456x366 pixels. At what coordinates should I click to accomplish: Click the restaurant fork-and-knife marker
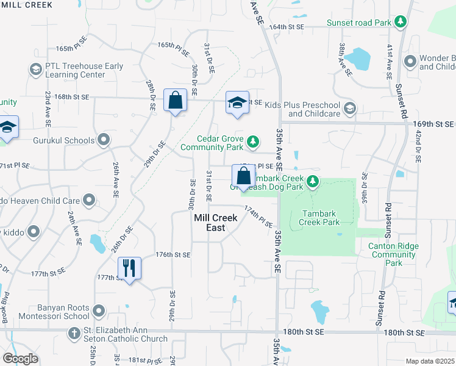[129, 268]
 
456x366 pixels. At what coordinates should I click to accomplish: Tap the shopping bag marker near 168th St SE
[176, 101]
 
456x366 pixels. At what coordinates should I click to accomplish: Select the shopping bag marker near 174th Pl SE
[243, 176]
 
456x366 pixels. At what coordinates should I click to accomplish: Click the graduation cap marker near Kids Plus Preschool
[237, 102]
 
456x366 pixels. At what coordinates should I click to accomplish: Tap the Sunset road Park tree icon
[401, 23]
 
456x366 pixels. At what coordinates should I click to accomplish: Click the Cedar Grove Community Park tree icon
[253, 143]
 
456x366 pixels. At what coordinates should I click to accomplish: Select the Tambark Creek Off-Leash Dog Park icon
[313, 181]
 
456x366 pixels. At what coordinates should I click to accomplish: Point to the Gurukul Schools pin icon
[104, 140]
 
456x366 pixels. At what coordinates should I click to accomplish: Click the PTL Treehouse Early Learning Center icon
[35, 70]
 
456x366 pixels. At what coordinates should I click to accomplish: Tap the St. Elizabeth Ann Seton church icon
[74, 334]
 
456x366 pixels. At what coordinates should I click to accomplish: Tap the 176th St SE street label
[173, 254]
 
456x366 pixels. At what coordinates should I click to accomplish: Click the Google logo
[20, 359]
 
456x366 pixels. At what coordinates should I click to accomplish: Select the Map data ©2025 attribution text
[430, 361]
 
